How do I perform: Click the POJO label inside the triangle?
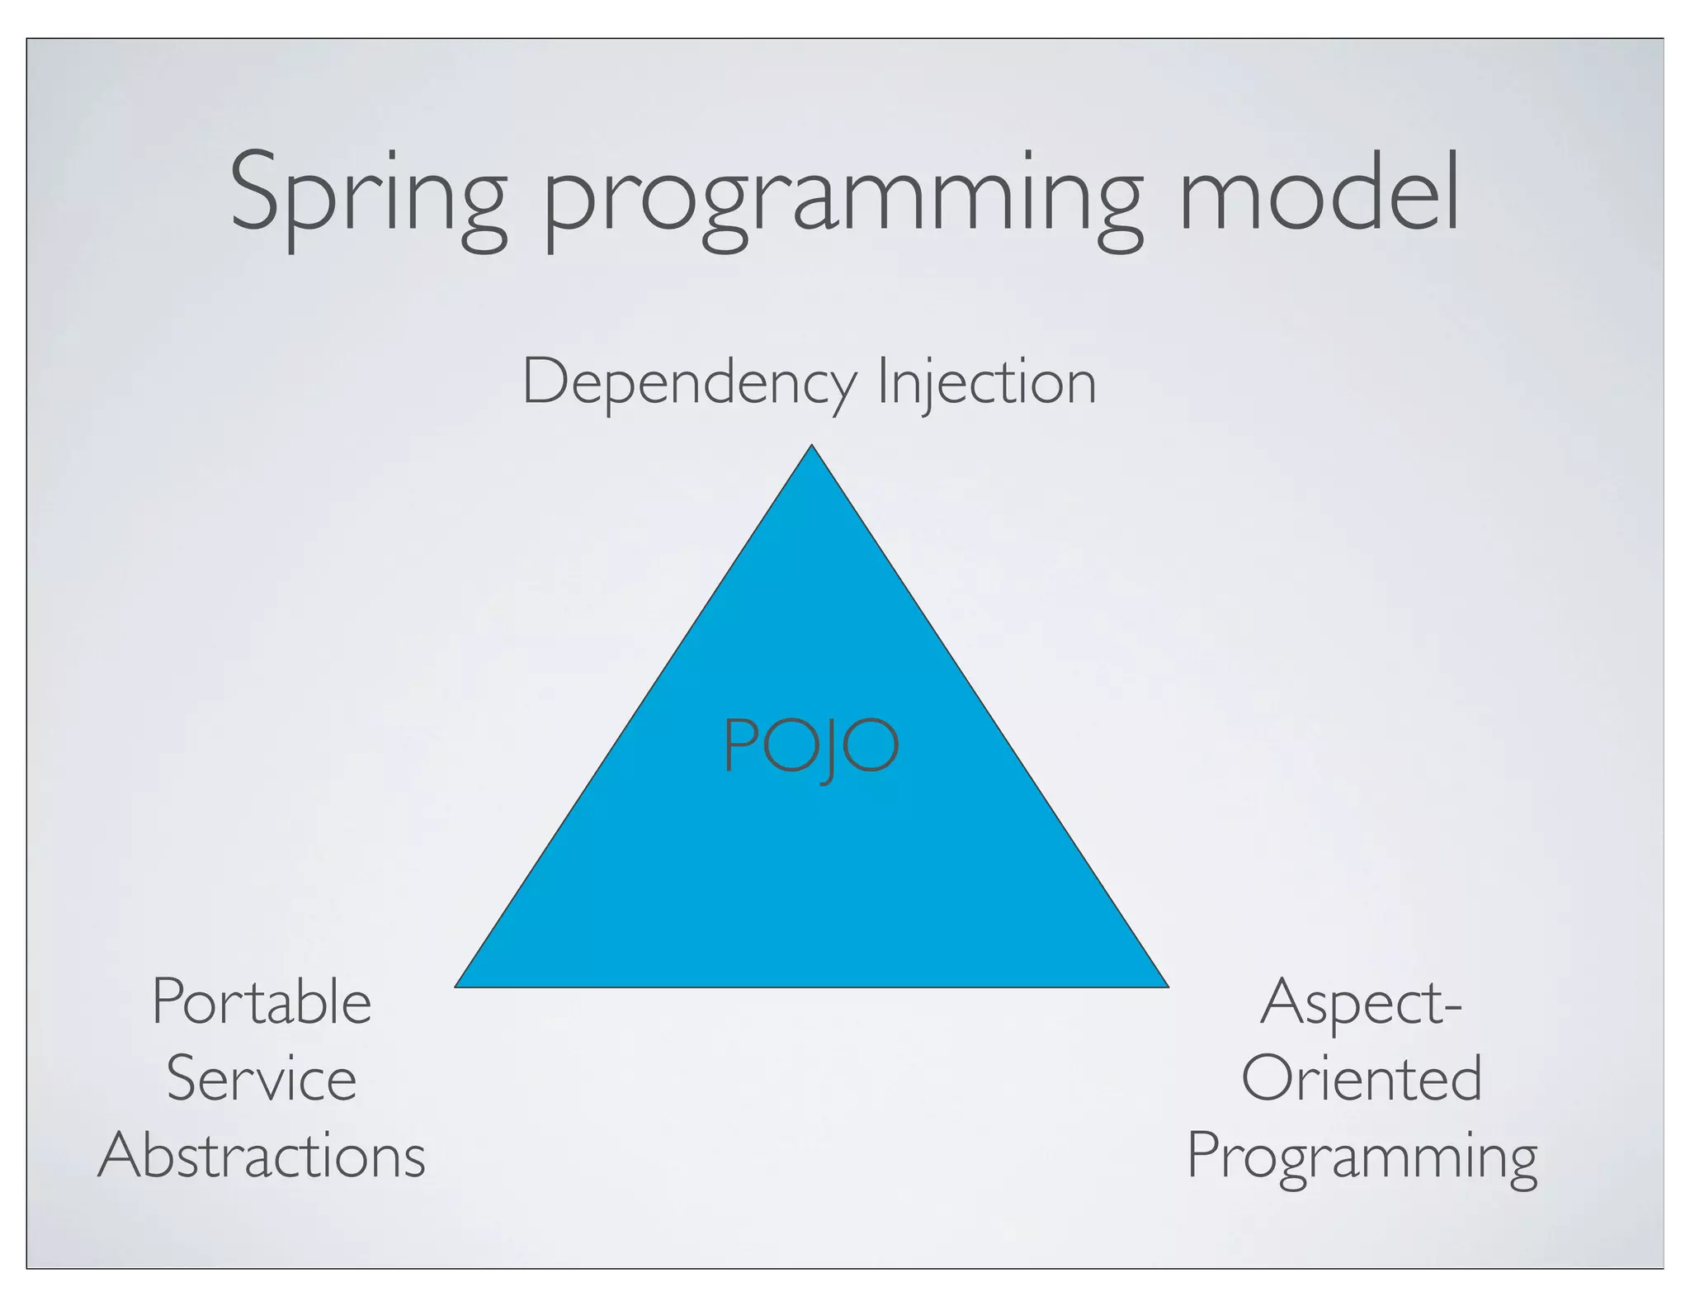point(810,745)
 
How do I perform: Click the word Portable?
point(262,1002)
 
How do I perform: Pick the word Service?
point(262,1079)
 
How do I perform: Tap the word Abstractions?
point(262,1155)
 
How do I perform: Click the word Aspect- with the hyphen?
point(1361,1004)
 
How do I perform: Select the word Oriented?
point(1362,1079)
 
